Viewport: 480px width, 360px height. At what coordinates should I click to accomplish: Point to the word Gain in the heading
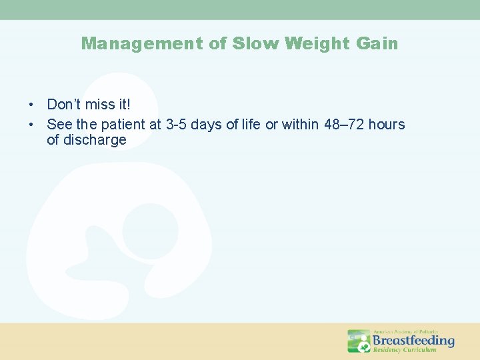click(x=377, y=44)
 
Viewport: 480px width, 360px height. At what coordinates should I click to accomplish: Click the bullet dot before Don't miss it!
click(x=31, y=105)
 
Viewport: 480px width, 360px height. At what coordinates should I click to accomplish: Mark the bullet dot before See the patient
click(x=31, y=125)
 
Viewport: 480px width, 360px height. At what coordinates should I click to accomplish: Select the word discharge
click(x=87, y=140)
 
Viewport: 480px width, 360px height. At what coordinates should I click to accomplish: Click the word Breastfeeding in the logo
click(x=413, y=341)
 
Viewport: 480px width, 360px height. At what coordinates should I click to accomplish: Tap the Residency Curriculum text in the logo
click(x=405, y=350)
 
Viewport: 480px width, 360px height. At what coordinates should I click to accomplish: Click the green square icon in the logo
click(x=359, y=341)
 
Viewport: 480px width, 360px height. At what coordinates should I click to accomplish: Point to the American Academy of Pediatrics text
click(x=405, y=331)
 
